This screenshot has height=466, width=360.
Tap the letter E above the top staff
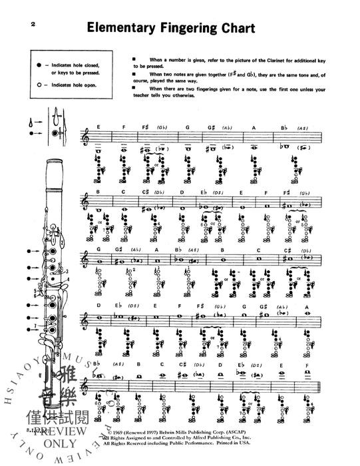pyautogui.click(x=97, y=127)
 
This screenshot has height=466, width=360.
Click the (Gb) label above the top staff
pyautogui.click(x=162, y=127)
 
